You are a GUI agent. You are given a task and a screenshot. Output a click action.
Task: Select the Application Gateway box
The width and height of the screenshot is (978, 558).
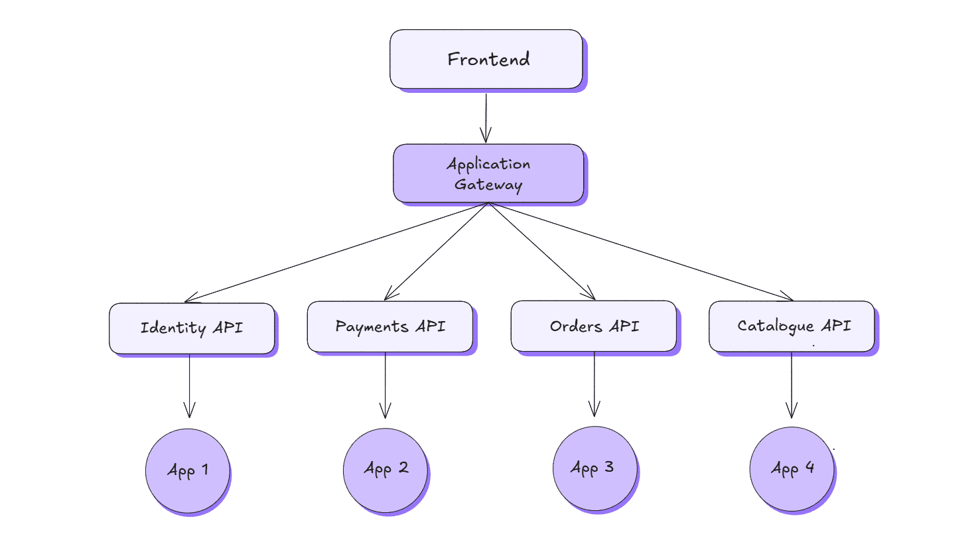[488, 173]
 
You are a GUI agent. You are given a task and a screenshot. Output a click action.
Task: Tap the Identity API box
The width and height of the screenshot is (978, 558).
[191, 328]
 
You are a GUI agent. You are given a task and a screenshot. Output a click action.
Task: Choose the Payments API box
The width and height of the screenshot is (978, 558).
[390, 326]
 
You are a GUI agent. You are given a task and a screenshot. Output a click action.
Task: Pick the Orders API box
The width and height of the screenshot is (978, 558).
[594, 326]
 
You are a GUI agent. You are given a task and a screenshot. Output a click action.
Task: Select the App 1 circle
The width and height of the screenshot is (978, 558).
[188, 470]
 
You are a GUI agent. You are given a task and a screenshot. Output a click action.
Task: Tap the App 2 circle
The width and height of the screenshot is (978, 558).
[385, 469]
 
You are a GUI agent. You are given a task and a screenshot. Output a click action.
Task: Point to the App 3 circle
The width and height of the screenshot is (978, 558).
[594, 468]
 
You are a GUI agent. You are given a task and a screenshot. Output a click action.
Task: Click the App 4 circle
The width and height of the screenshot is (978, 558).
[792, 468]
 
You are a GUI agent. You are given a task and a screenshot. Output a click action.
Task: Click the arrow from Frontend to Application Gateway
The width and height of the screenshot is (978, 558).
[486, 117]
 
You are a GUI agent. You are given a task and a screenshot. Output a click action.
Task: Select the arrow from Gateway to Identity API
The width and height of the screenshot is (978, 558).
[336, 252]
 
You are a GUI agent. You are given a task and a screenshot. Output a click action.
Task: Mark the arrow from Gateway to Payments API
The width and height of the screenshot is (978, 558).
[437, 251]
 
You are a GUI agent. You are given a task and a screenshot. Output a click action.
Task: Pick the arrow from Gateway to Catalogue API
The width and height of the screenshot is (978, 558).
[640, 251]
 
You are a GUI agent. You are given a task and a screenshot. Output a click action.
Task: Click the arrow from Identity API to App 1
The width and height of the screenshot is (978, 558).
[189, 385]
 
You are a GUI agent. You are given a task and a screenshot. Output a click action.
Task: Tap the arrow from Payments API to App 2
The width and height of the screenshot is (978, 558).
[385, 385]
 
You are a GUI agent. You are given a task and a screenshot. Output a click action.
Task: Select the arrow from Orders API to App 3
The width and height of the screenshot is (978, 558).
[594, 384]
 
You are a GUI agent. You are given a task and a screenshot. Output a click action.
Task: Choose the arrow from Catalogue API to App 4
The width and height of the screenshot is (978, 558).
[791, 385]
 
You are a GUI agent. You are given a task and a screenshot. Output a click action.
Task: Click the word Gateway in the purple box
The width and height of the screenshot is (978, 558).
[488, 184]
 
